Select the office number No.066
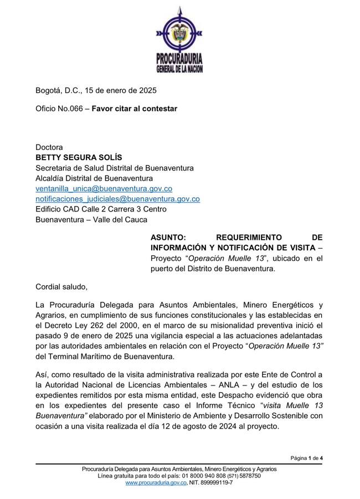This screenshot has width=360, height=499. click(70, 109)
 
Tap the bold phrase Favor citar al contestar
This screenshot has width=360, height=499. click(135, 109)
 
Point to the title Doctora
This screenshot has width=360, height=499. click(49, 147)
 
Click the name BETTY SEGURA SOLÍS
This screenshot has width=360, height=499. click(79, 157)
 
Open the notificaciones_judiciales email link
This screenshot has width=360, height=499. click(117, 198)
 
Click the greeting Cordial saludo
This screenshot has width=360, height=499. click(61, 286)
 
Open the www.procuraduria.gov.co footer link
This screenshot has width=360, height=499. click(156, 483)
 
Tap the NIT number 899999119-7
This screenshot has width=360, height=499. click(214, 483)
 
